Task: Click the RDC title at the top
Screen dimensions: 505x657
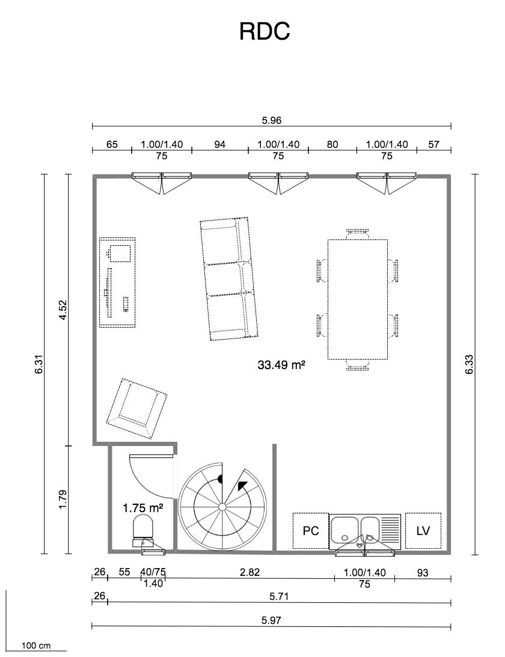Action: coord(265,31)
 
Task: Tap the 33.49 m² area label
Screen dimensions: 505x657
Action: coord(281,365)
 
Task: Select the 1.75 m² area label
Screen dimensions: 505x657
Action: coord(142,509)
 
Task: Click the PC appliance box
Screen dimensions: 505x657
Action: coord(311,530)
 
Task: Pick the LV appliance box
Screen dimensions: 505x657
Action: coord(423,530)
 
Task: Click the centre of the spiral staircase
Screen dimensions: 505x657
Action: coord(222,507)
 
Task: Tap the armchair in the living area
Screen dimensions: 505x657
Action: coord(137,409)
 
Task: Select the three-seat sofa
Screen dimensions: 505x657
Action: coord(228,279)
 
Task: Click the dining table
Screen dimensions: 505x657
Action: coord(358,299)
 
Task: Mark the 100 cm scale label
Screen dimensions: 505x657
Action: coord(36,646)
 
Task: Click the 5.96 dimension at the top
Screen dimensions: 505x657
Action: coord(272,121)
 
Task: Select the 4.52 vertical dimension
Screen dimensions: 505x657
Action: coord(63,310)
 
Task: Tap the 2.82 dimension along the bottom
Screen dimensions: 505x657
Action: coord(249,572)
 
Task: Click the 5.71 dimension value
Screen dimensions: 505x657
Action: coord(279,596)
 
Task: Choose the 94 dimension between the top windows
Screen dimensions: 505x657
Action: coord(220,144)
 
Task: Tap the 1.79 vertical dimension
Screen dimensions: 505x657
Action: coord(63,500)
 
